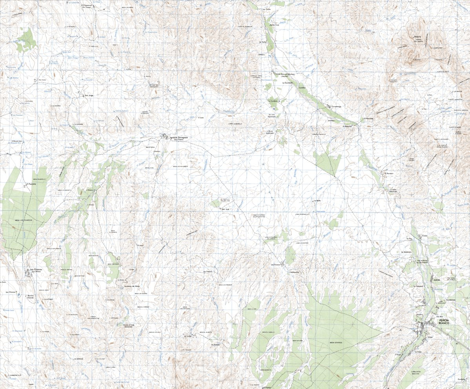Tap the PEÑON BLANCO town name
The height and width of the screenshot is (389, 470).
point(444,321)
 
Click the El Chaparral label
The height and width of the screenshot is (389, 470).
point(86,5)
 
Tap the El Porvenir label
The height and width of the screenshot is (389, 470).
point(389,173)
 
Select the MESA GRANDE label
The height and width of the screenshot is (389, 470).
point(336,343)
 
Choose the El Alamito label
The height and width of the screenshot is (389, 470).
point(216,345)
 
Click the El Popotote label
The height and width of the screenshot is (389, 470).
point(31,184)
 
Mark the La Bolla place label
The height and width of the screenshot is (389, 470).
point(317,201)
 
